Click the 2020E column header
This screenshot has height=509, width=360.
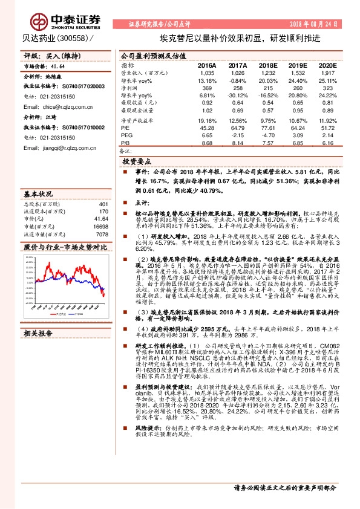click(x=327, y=65)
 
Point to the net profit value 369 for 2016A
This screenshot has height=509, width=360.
click(x=208, y=88)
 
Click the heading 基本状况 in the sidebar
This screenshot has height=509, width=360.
click(x=38, y=195)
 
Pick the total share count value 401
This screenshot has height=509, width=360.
click(x=103, y=204)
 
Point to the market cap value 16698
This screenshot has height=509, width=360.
click(x=100, y=226)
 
